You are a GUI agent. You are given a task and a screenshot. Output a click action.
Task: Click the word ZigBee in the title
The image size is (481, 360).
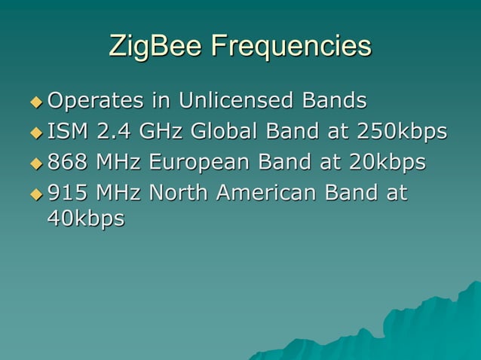pyautogui.click(x=156, y=47)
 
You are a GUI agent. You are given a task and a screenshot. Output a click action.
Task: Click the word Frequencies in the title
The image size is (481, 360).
pyautogui.click(x=290, y=47)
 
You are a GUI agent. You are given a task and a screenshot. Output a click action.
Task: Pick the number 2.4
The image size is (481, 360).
pyautogui.click(x=110, y=131)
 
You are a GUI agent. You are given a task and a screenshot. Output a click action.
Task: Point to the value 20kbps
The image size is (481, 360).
pyautogui.click(x=382, y=163)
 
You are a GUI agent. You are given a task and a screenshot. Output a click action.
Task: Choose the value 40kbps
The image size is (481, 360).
pyautogui.click(x=84, y=218)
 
